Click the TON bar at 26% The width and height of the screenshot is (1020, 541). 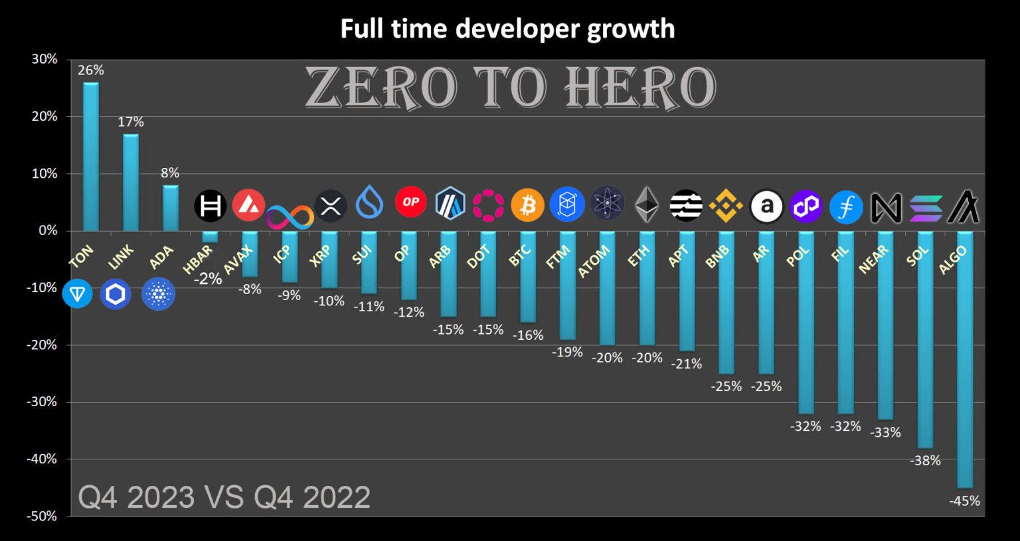[91, 157]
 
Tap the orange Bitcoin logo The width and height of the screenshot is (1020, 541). [527, 205]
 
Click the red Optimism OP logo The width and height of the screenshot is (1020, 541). [410, 202]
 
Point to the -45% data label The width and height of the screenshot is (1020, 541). [964, 501]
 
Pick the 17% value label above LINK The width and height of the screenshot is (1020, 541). [131, 121]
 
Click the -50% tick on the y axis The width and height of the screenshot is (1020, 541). [42, 516]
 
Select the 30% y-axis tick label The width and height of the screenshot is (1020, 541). [44, 59]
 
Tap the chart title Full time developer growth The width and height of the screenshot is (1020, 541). [507, 29]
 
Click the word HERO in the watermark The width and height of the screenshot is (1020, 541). [640, 88]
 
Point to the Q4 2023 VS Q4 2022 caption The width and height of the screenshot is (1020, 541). [224, 497]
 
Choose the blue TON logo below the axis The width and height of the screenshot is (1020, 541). [77, 293]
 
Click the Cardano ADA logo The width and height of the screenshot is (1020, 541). [158, 294]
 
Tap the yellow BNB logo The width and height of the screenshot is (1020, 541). [726, 206]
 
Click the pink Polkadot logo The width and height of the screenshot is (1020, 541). [488, 205]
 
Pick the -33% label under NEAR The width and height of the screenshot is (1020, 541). [885, 432]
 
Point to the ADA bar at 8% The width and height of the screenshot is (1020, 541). [171, 208]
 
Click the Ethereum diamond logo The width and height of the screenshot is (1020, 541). [646, 204]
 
